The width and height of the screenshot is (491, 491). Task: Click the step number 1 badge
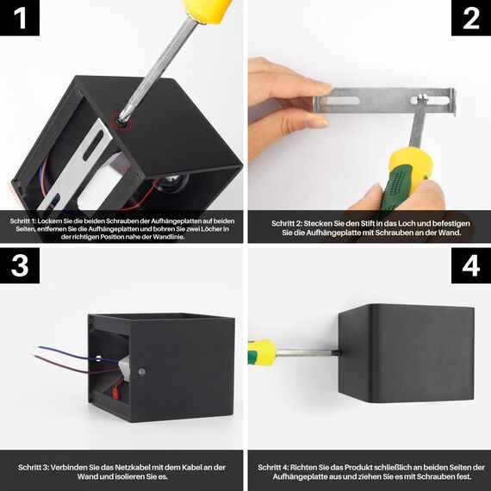point(20,18)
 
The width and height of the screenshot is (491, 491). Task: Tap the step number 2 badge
point(471,18)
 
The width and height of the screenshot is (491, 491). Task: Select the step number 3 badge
point(20,265)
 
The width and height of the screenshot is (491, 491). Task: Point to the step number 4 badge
point(471,265)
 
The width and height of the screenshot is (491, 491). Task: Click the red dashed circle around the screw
point(121,121)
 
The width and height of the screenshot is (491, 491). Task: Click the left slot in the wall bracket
point(340,101)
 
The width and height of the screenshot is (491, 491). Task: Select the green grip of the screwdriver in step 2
point(394,188)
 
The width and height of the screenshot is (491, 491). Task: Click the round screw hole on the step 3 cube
point(142,371)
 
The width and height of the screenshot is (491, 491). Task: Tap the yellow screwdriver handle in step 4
point(263,352)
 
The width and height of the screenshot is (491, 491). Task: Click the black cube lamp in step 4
point(406,353)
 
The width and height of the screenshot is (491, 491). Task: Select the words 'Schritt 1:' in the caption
point(23,221)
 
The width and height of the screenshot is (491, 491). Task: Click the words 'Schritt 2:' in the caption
point(287,224)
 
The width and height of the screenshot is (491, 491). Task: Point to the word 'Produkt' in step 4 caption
point(358,468)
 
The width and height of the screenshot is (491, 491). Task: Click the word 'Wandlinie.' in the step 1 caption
point(169,237)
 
